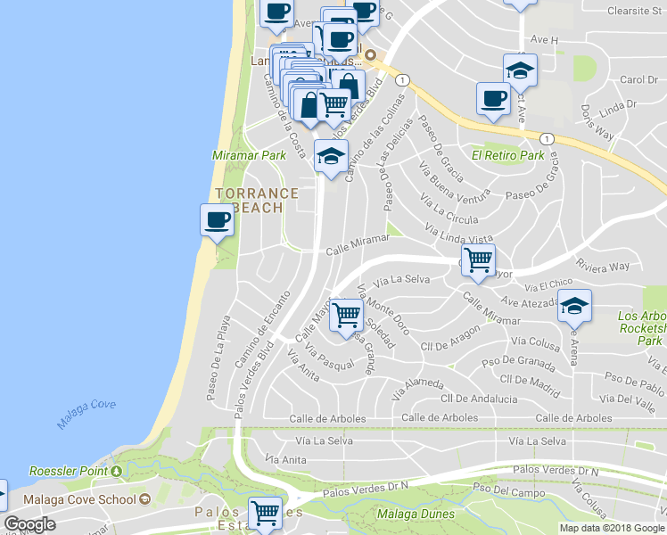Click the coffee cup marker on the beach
216,219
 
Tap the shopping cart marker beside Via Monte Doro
346,314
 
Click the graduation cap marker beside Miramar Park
331,156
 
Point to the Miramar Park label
249,155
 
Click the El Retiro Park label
507,155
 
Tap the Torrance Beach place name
256,201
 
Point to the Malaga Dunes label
416,514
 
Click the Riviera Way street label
603,266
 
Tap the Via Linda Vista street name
459,235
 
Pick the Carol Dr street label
638,80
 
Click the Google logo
30,524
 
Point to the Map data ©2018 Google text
611,528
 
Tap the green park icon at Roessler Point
117,471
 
